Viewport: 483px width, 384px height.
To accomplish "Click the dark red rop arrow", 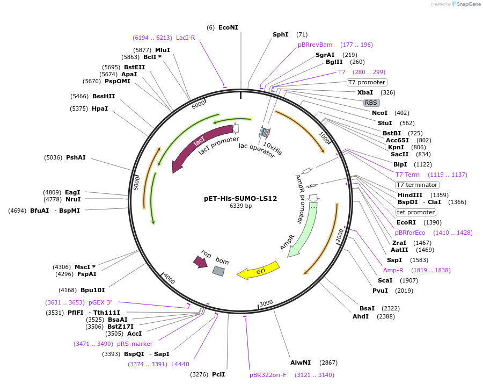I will (201, 261).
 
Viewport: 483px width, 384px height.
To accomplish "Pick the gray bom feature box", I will (218, 271).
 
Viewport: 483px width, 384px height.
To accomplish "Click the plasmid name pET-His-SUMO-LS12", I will (240, 198).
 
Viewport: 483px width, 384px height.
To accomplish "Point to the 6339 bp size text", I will (240, 206).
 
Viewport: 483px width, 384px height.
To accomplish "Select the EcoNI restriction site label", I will (228, 27).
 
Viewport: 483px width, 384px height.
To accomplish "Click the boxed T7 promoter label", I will (367, 82).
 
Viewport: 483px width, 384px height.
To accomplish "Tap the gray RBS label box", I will (371, 103).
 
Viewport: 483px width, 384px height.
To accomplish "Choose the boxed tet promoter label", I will (416, 212).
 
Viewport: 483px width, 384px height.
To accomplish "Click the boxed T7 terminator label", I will (417, 185).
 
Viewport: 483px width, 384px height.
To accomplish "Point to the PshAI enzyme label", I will (76, 158).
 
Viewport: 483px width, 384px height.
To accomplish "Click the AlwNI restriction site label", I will (301, 363).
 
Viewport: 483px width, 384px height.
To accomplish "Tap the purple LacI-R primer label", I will (186, 38).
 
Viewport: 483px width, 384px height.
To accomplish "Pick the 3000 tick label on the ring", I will (266, 303).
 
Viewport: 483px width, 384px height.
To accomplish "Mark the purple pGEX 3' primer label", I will (100, 302).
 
